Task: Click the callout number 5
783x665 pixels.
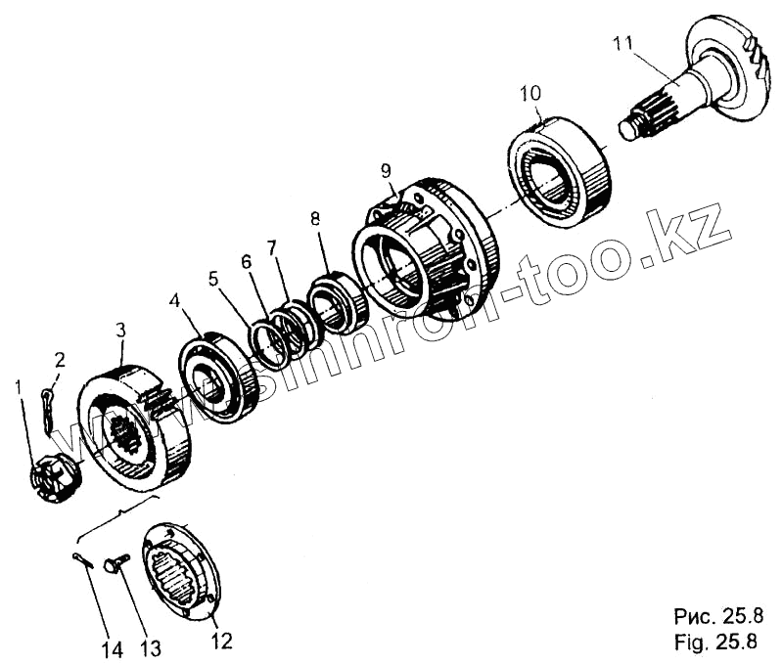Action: [214, 277]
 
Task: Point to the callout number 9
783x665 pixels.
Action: [388, 170]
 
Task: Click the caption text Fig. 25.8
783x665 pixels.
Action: [715, 643]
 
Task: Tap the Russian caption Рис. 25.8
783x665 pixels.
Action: [715, 617]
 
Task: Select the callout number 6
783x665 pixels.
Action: [245, 262]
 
